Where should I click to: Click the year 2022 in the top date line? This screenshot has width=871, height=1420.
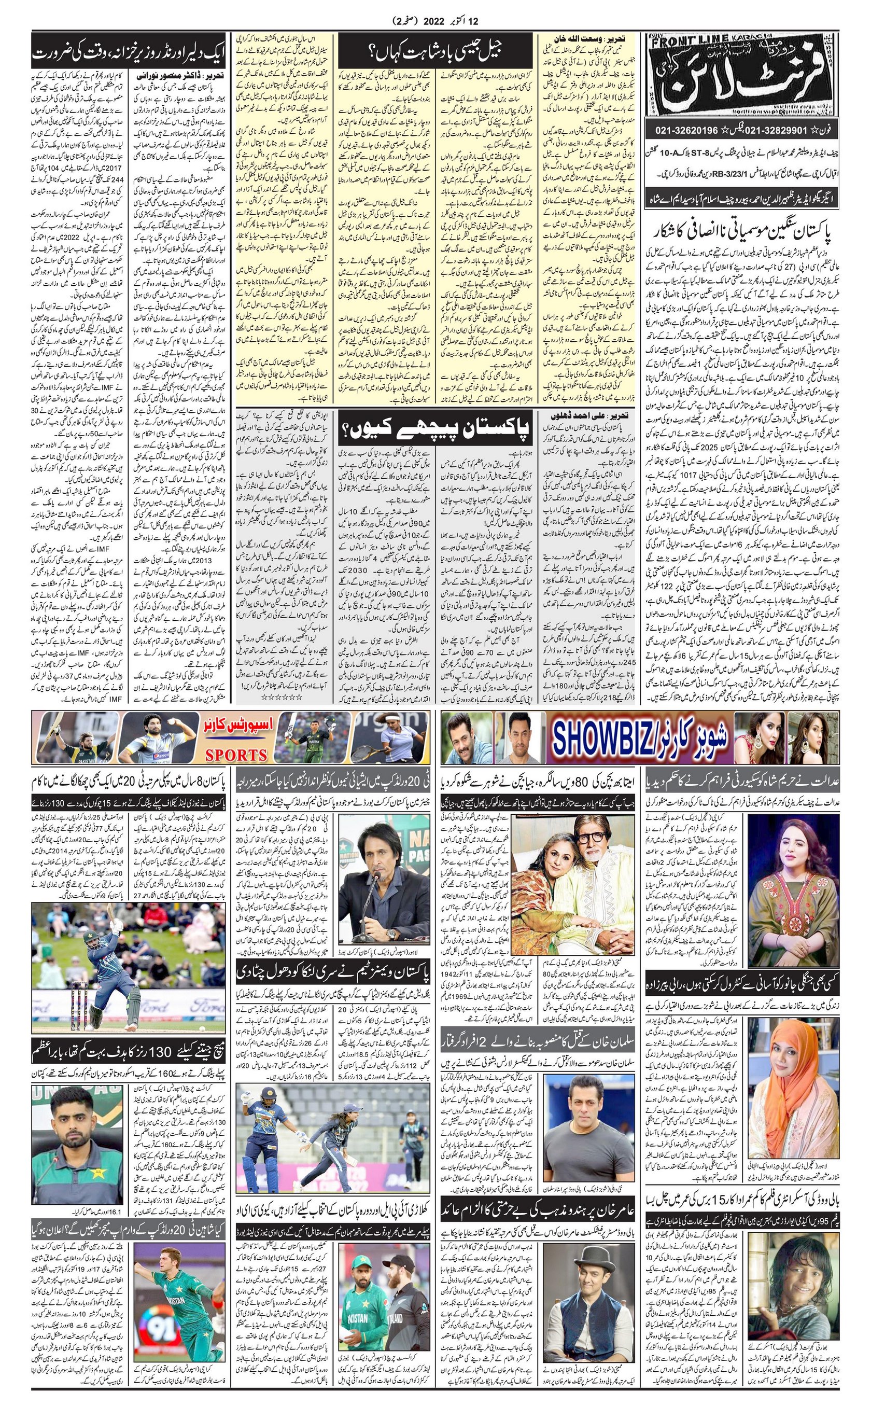[x=440, y=21]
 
